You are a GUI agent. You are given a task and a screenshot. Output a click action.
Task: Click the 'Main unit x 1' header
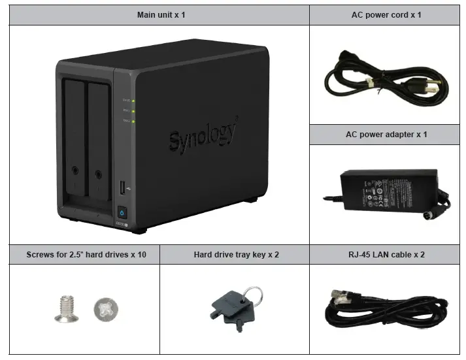[161, 14]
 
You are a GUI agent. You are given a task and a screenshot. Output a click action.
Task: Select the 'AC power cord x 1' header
[386, 14]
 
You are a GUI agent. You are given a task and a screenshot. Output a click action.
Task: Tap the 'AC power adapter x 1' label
[386, 135]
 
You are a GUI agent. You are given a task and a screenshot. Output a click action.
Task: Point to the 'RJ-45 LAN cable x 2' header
[386, 254]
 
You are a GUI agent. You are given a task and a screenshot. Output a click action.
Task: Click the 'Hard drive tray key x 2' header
[236, 254]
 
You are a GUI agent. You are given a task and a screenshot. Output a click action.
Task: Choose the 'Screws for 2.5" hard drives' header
[86, 254]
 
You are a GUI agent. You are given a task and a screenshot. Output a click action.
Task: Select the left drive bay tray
[75, 140]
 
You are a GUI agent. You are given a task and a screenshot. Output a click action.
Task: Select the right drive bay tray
[98, 140]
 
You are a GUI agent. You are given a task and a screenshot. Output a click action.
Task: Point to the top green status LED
[133, 101]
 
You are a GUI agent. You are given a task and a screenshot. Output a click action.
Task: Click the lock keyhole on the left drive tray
[76, 172]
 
